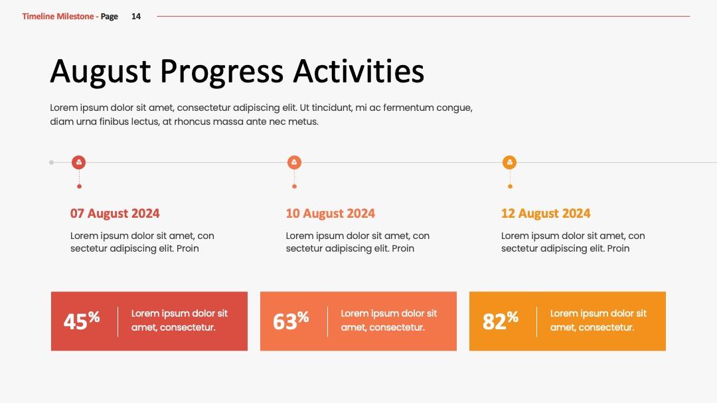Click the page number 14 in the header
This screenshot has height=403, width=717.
click(x=136, y=17)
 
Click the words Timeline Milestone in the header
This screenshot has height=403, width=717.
click(x=58, y=17)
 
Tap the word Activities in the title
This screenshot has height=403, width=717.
click(x=358, y=71)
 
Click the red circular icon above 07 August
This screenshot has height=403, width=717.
click(x=78, y=163)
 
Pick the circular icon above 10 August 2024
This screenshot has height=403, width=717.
click(x=294, y=163)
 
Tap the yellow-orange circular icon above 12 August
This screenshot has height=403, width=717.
click(x=509, y=163)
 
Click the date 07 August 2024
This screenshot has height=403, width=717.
click(x=115, y=214)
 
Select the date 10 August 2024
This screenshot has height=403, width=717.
click(x=330, y=214)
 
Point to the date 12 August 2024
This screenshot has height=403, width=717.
click(x=546, y=214)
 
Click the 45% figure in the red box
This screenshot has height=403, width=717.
click(x=82, y=321)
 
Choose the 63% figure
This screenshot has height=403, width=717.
click(x=291, y=321)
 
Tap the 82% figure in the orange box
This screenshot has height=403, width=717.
click(x=501, y=321)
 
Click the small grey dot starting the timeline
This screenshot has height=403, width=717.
click(x=52, y=163)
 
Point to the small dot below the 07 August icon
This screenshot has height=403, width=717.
click(x=79, y=186)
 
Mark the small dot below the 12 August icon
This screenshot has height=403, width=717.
click(x=511, y=186)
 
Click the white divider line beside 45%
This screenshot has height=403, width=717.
click(x=118, y=321)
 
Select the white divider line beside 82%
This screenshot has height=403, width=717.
click(x=537, y=321)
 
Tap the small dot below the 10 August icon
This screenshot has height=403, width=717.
click(x=295, y=186)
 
